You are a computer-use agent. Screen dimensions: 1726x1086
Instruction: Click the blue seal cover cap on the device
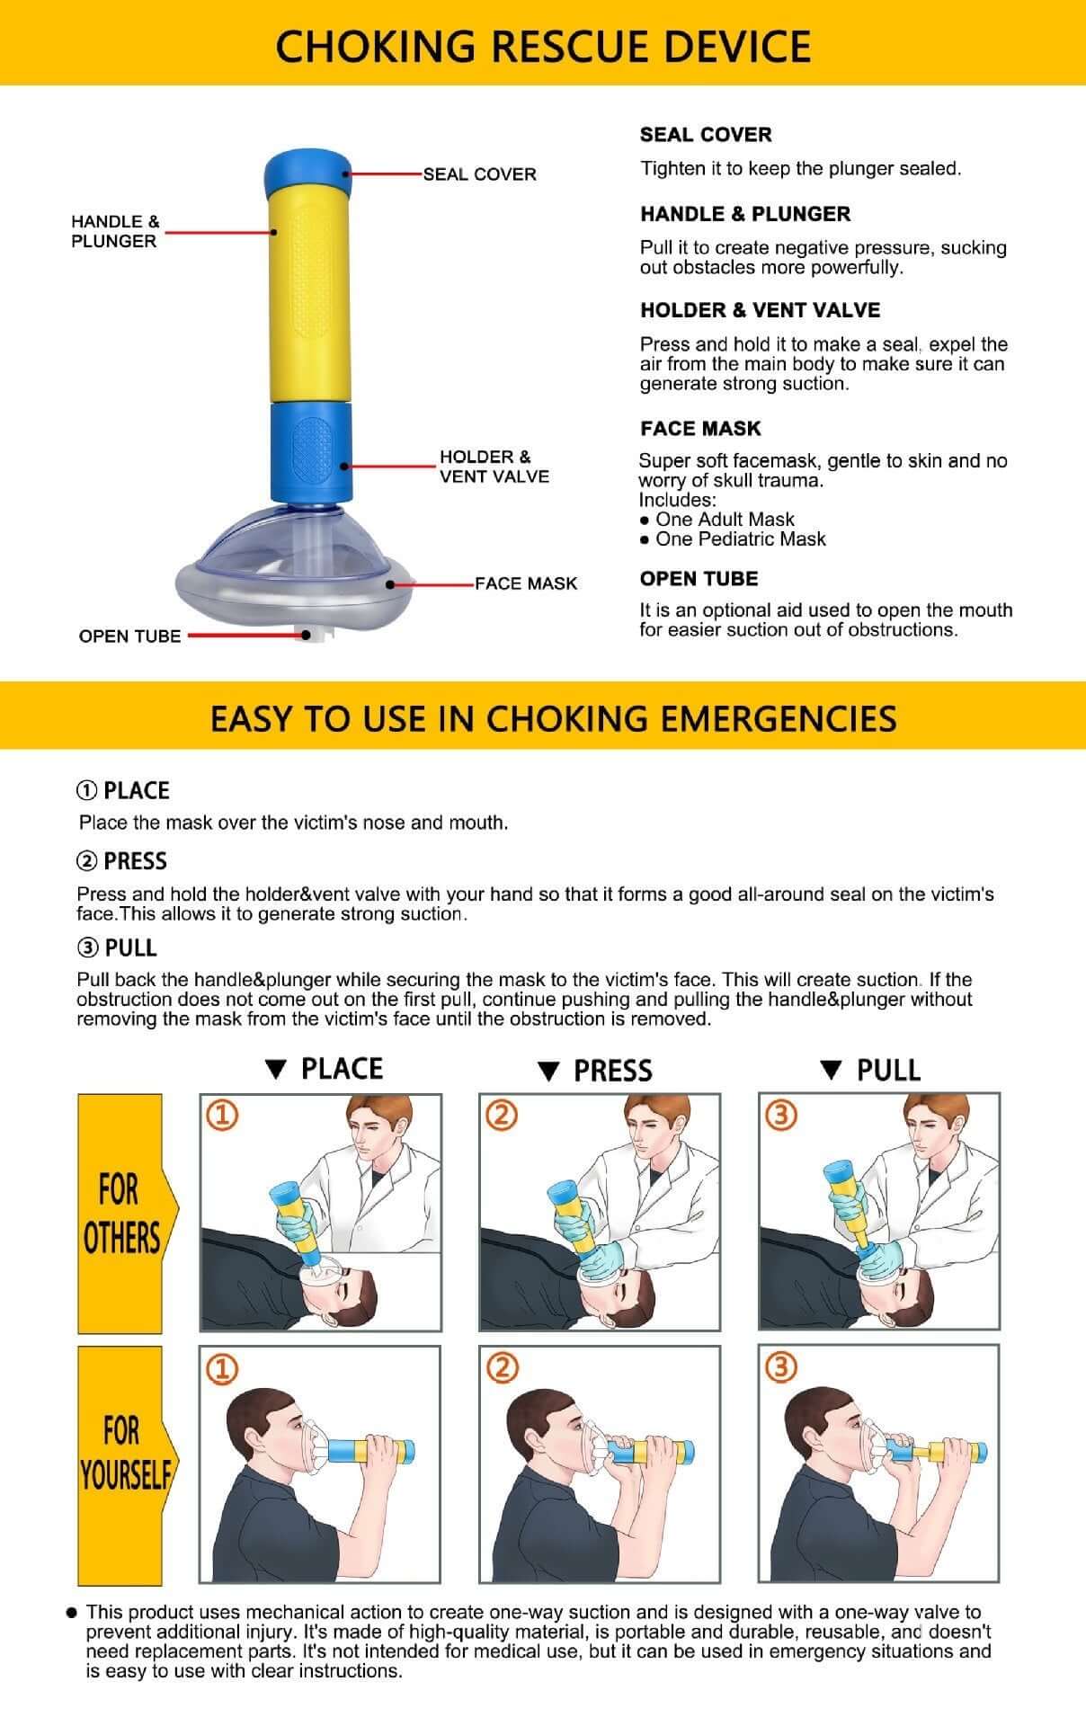point(307,171)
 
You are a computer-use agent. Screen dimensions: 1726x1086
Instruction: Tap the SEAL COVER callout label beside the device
point(479,174)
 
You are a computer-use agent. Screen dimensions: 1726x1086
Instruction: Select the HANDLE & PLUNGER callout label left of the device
point(114,231)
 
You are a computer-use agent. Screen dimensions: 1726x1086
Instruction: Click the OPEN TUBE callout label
point(129,636)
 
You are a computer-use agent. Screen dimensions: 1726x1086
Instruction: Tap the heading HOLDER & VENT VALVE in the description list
point(760,310)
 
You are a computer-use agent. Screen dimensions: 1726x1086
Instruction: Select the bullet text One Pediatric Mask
point(740,539)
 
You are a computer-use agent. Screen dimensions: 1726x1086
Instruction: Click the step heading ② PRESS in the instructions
point(122,861)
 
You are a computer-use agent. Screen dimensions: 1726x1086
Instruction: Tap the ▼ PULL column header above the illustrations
point(870,1070)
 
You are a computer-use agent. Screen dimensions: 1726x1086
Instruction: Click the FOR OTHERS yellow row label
point(120,1213)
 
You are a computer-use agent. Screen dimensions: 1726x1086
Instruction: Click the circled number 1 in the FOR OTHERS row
point(222,1116)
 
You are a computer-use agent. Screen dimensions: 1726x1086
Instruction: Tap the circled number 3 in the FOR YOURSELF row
point(780,1367)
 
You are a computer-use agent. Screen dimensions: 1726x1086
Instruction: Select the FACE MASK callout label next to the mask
point(526,584)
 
